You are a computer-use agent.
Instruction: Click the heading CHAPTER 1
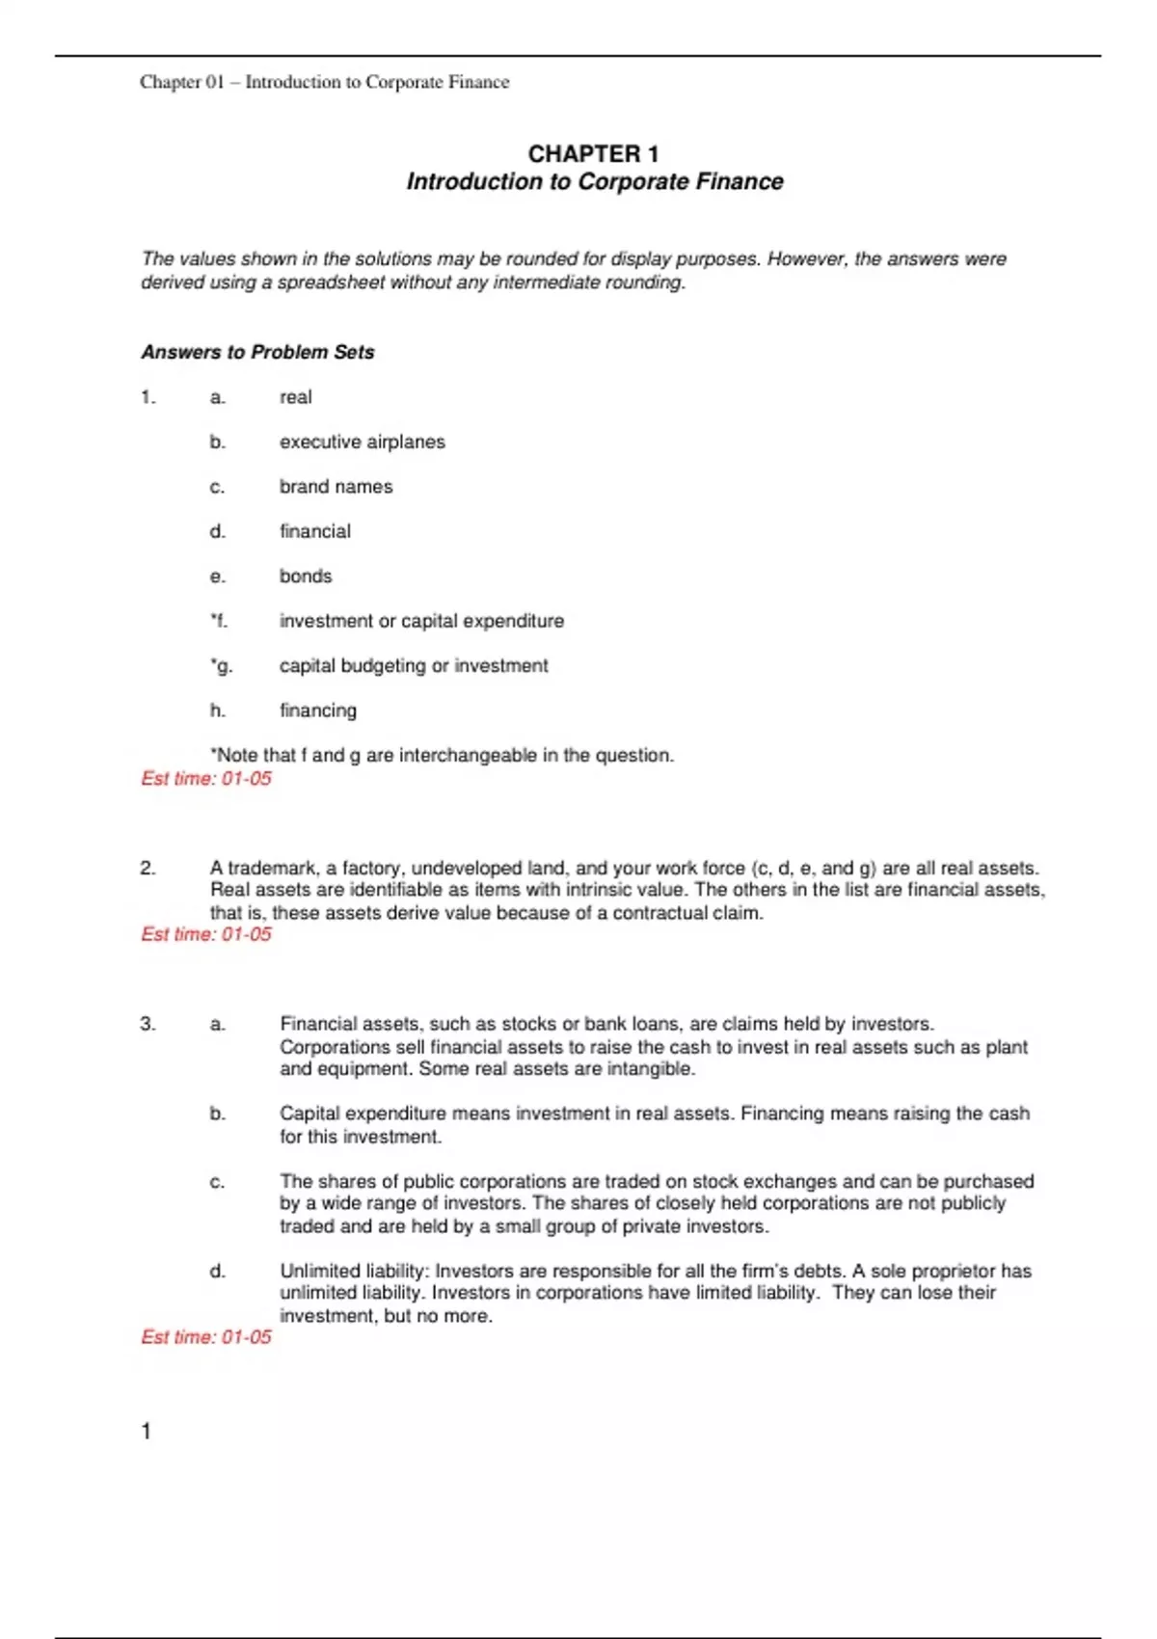click(593, 154)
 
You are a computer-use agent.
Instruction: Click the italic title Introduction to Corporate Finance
click(594, 182)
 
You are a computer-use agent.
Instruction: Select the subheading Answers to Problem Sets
click(257, 353)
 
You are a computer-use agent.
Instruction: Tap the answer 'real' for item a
click(295, 397)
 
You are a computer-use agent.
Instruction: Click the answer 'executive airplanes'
click(362, 443)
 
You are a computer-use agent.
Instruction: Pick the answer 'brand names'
click(336, 487)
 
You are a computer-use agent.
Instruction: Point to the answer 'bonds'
click(305, 577)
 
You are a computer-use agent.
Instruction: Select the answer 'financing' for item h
click(317, 711)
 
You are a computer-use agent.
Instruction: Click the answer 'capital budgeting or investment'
click(413, 666)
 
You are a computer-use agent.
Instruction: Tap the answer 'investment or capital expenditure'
click(421, 621)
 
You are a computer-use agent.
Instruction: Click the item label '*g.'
click(221, 666)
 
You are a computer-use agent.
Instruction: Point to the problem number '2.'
click(148, 868)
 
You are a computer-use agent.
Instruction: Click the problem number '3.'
click(148, 1024)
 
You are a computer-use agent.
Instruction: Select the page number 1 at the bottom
click(147, 1432)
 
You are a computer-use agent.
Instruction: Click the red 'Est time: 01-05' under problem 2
click(206, 934)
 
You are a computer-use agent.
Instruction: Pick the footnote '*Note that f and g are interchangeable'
click(442, 756)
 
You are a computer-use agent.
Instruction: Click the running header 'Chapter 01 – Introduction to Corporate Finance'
click(324, 83)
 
